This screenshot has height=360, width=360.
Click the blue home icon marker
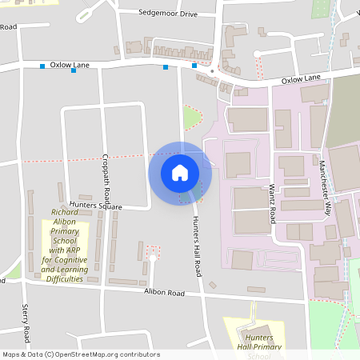[180, 172]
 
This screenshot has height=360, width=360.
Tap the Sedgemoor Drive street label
[167, 14]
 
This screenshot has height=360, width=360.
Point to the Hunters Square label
[95, 206]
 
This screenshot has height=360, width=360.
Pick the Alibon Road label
[165, 294]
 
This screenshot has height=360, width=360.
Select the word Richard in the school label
[64, 212]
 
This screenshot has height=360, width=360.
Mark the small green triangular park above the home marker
[191, 119]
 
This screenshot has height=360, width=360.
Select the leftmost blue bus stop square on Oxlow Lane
[42, 66]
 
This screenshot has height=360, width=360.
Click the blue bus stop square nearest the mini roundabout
[194, 66]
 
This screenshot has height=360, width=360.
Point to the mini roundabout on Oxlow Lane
[212, 71]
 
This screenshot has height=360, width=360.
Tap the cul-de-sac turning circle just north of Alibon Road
[152, 258]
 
